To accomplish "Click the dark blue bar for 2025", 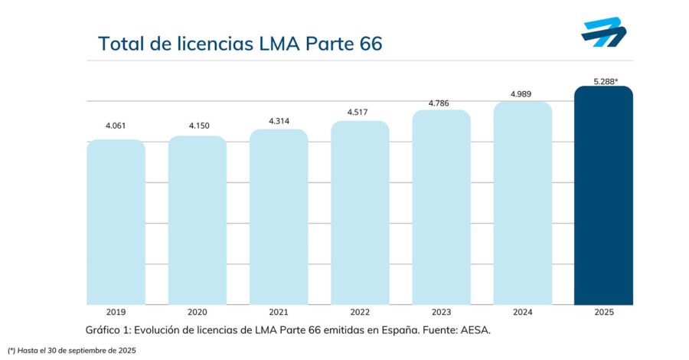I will click(603, 195).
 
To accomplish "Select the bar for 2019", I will click(116, 222).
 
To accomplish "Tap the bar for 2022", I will click(360, 213).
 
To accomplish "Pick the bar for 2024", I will click(522, 203).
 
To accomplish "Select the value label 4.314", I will click(279, 120).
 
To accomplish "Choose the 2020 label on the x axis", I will click(197, 313).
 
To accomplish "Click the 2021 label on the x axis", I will click(279, 313).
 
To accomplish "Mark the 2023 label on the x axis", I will click(441, 313).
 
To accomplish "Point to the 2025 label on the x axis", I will click(603, 313).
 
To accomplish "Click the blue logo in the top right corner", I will click(604, 34).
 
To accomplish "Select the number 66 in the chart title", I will click(365, 43).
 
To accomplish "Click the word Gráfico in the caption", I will click(104, 329).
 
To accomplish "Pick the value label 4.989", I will click(522, 94).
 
